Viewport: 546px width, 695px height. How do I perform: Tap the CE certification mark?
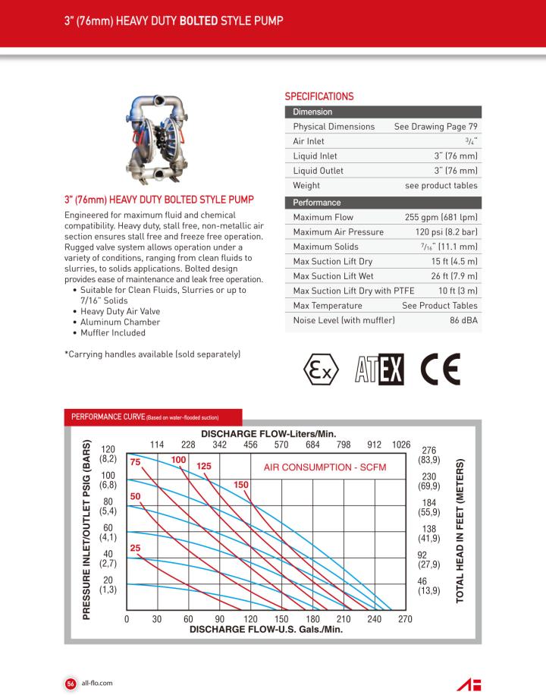[440, 370]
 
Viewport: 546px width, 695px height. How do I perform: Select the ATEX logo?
[378, 370]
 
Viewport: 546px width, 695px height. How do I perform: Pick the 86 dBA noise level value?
[463, 321]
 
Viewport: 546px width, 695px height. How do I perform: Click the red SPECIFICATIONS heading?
[318, 96]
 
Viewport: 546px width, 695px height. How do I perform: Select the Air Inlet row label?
[309, 141]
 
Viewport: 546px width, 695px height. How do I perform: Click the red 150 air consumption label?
[241, 484]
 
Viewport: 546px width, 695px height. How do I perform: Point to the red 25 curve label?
[136, 548]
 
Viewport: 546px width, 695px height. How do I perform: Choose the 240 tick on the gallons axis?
[374, 618]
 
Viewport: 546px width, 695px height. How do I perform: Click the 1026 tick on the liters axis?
[400, 444]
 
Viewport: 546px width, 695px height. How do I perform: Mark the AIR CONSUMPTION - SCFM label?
[325, 467]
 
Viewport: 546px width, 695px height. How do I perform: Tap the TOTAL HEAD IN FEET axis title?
[460, 531]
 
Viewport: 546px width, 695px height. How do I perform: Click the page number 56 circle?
[70, 682]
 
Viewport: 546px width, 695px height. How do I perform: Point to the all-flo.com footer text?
[97, 682]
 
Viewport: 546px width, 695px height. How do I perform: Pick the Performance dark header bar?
[382, 203]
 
